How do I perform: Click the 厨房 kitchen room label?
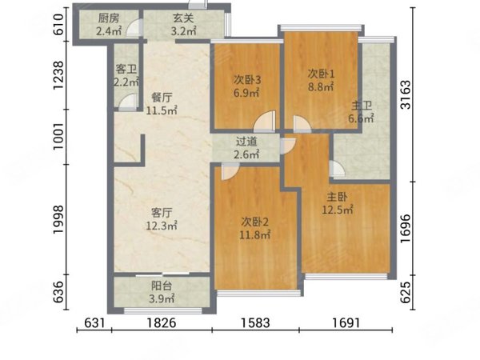109,18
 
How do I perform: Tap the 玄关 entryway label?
183,18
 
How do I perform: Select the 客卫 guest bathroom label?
126,69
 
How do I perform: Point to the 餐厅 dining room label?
162,98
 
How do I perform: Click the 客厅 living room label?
162,213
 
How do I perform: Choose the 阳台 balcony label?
162,286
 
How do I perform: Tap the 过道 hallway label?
246,142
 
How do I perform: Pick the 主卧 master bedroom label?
337,197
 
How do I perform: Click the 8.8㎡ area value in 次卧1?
321,87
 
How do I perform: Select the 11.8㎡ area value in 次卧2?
254,235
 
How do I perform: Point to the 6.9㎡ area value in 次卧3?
246,93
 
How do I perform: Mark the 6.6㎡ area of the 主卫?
362,118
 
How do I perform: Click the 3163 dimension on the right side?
406,94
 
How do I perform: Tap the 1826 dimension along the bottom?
162,322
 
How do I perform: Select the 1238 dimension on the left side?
58,75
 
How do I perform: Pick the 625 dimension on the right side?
406,292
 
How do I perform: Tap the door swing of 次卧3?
265,122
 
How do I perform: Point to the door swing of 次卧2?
230,171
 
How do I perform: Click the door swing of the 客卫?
128,102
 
